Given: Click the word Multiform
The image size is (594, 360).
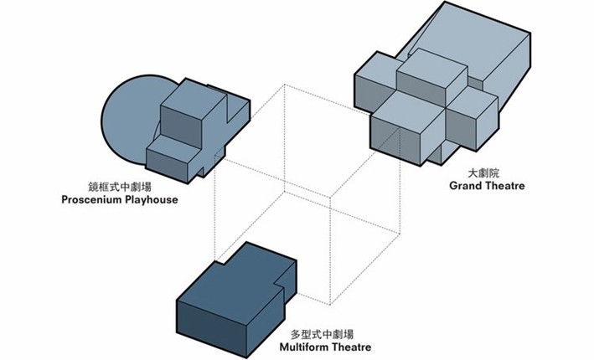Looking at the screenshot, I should pyautogui.click(x=311, y=346).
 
